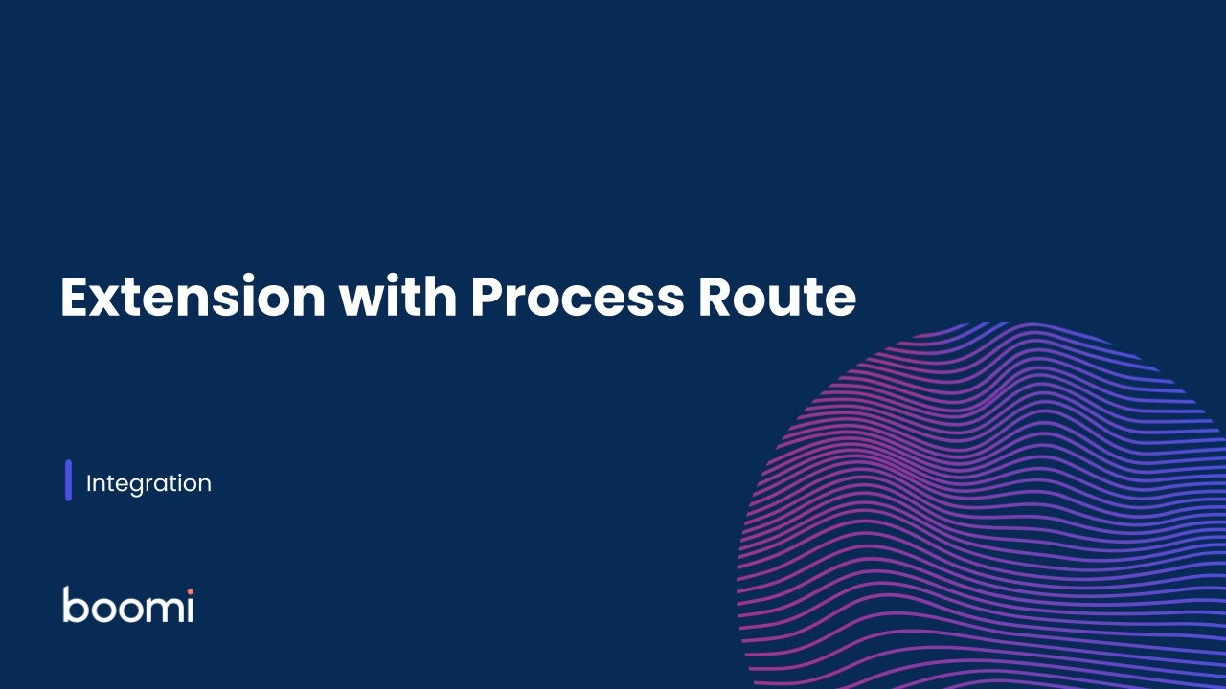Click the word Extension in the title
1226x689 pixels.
[x=193, y=297]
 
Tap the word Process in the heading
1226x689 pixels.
[x=577, y=297]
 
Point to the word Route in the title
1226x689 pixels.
[x=777, y=297]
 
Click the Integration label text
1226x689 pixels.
[x=148, y=483]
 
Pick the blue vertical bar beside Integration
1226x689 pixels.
[x=68, y=480]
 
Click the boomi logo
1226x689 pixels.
[x=128, y=605]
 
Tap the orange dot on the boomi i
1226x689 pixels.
[x=190, y=591]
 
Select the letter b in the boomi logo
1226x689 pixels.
[x=74, y=605]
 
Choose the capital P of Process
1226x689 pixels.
[x=487, y=297]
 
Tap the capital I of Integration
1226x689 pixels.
[x=89, y=483]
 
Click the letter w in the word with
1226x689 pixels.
[x=361, y=300]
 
